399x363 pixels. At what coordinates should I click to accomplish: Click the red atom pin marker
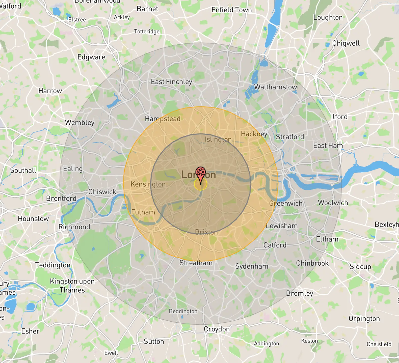pyautogui.click(x=201, y=173)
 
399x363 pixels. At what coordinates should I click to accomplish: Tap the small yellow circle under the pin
pyautogui.click(x=201, y=184)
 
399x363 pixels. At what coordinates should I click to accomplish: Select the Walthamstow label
pyautogui.click(x=275, y=87)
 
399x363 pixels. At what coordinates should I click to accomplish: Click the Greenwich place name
pyautogui.click(x=285, y=203)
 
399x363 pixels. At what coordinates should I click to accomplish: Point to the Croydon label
pyautogui.click(x=217, y=329)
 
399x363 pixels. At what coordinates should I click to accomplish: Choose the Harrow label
pyautogui.click(x=50, y=91)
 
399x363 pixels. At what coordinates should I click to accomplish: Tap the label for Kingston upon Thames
pyautogui.click(x=72, y=286)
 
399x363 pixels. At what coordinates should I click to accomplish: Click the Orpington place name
pyautogui.click(x=364, y=319)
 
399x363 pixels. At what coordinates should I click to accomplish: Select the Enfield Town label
pyautogui.click(x=231, y=10)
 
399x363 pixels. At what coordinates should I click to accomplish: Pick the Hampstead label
pyautogui.click(x=163, y=119)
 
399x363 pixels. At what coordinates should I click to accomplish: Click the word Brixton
pyautogui.click(x=206, y=232)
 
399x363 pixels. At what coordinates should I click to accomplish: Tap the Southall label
pyautogui.click(x=23, y=171)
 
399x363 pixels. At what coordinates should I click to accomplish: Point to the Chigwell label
pyautogui.click(x=345, y=43)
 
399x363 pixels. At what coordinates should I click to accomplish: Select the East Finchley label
pyautogui.click(x=171, y=82)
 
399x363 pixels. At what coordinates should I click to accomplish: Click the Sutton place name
pyautogui.click(x=154, y=341)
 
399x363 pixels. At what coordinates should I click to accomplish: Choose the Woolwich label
pyautogui.click(x=333, y=203)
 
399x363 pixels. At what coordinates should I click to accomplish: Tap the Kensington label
pyautogui.click(x=148, y=184)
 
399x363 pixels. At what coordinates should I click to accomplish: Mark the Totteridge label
pyautogui.click(x=147, y=32)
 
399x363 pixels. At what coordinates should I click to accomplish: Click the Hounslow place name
pyautogui.click(x=33, y=218)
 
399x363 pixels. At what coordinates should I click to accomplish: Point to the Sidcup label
pyautogui.click(x=360, y=266)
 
